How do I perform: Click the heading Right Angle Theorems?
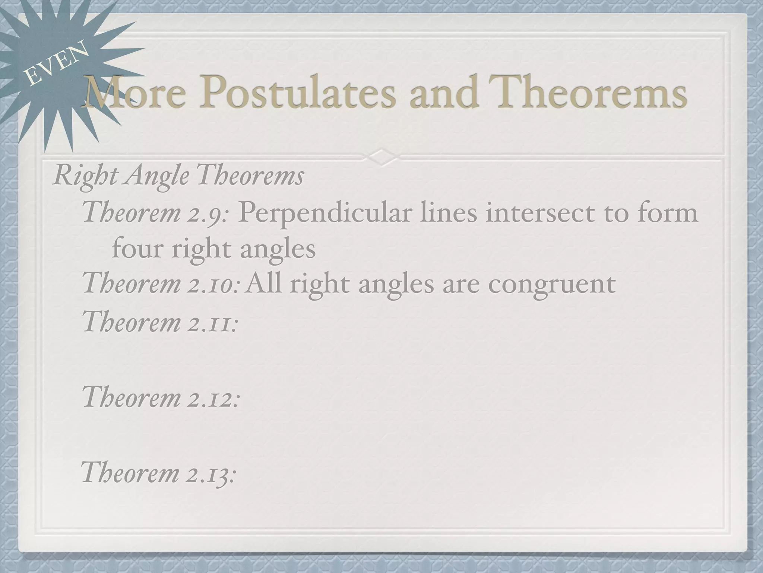click(x=178, y=175)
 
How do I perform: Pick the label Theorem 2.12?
click(x=160, y=397)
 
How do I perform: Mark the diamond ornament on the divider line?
click(x=381, y=157)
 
